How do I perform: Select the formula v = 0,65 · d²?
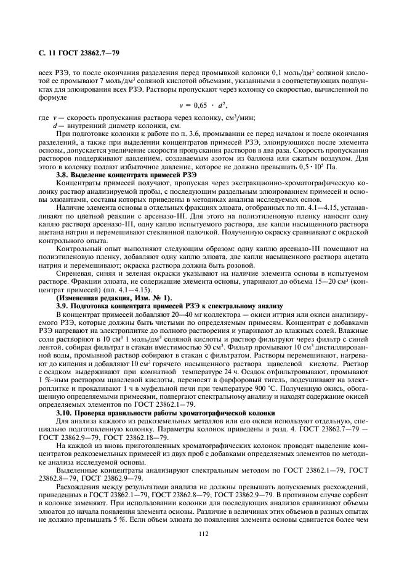(203, 106)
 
